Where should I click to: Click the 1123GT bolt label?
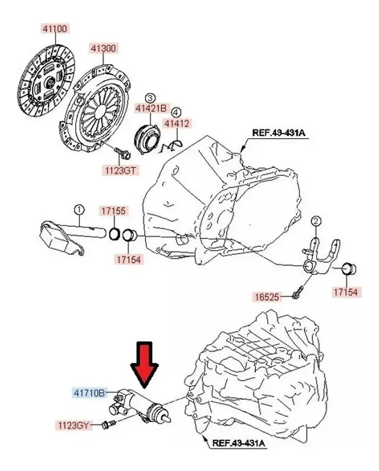click(120, 169)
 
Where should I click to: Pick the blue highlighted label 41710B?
click(89, 393)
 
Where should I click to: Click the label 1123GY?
click(73, 425)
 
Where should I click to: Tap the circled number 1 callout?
click(79, 209)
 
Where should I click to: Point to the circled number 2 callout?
click(316, 221)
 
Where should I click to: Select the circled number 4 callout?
click(177, 112)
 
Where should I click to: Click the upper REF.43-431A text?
click(278, 132)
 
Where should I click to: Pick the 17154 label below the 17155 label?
click(128, 258)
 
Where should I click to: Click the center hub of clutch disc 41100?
click(50, 82)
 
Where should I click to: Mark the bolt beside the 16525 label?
click(297, 294)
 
